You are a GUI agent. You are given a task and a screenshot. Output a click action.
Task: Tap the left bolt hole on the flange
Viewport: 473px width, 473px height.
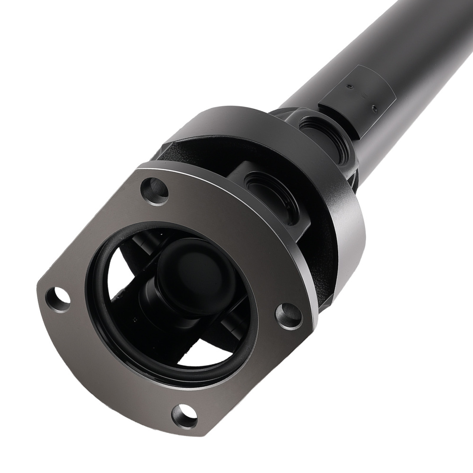[x=58, y=298]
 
